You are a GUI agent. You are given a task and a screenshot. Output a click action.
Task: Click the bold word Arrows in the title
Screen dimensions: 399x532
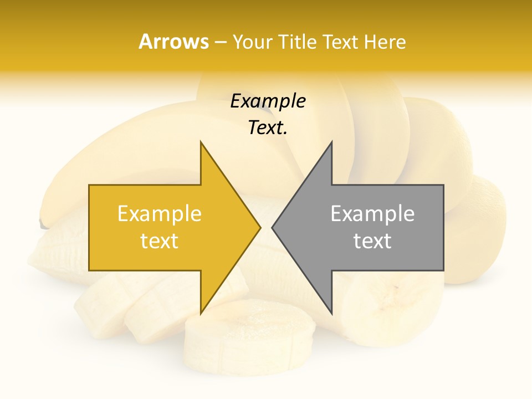pos(173,42)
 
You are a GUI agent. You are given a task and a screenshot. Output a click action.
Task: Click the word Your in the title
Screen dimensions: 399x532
pos(252,42)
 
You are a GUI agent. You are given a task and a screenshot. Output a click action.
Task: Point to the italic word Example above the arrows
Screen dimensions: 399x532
pos(268,101)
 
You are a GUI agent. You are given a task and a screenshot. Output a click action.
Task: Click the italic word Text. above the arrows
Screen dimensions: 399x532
pos(268,128)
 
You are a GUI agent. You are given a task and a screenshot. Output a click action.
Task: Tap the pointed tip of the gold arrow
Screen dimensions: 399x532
pos(258,227)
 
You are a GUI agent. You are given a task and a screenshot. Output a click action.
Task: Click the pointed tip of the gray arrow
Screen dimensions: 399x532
pos(274,227)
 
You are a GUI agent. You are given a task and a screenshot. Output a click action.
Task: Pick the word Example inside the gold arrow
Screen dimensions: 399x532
pos(160,214)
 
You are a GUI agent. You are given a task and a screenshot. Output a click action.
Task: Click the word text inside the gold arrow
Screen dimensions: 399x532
pos(160,241)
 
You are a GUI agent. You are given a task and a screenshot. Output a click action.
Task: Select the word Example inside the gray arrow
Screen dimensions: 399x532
pos(372,214)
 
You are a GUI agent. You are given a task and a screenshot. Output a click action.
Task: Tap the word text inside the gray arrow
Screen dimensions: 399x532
pos(372,241)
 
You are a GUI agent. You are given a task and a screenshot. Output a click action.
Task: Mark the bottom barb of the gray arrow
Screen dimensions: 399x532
pos(330,310)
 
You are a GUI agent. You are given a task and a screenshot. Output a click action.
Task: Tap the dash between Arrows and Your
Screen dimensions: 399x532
pos(220,42)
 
